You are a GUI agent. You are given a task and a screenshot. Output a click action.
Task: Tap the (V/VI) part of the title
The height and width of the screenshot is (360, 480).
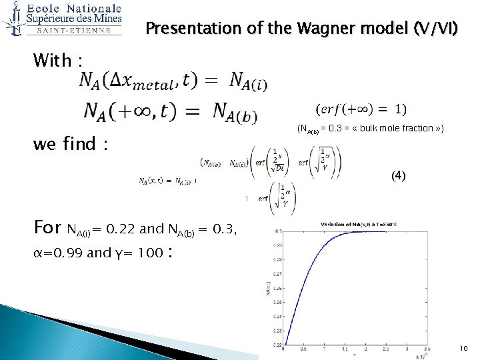(435, 29)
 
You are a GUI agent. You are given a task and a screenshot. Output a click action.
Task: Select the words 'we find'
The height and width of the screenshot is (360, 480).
(65, 143)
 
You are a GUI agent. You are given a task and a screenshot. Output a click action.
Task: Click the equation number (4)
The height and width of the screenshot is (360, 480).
(398, 176)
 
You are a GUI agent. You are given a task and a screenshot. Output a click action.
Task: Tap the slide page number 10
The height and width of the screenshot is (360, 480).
(463, 349)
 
